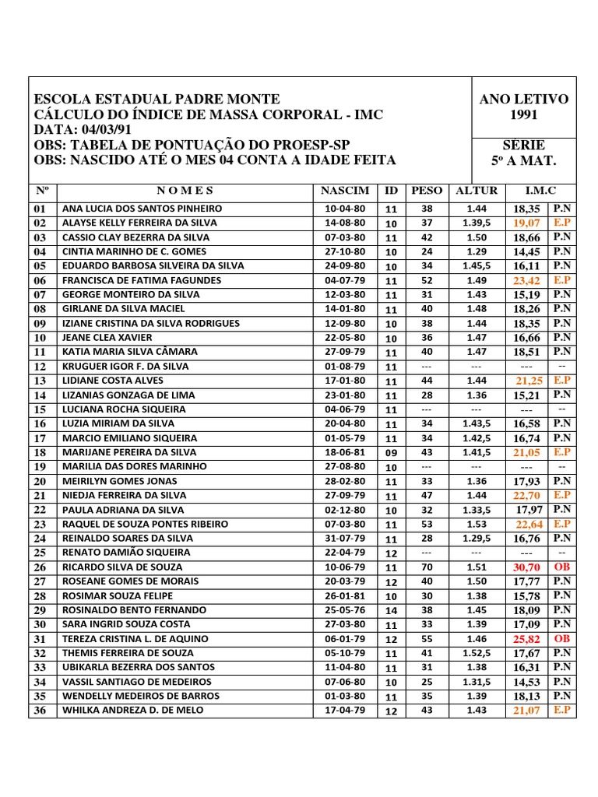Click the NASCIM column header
[344, 191]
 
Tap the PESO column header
[426, 191]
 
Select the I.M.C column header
[540, 191]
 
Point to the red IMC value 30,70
[526, 568]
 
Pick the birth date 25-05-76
[344, 610]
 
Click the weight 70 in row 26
[426, 567]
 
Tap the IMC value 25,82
[526, 640]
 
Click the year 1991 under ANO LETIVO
[524, 115]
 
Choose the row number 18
[40, 453]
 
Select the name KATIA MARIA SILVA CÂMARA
[129, 352]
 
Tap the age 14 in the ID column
[391, 611]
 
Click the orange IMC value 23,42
[526, 281]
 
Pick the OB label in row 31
[561, 639]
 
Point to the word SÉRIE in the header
[524, 146]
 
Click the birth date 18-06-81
[344, 452]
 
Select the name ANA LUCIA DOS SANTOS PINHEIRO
[142, 209]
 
